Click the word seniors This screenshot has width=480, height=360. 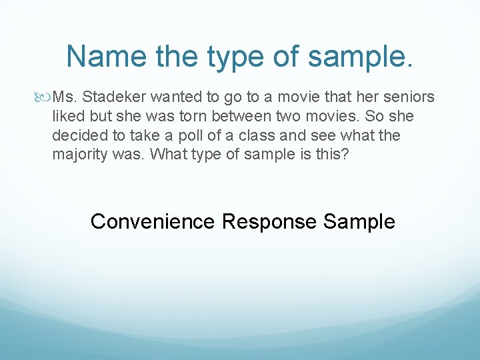pos(409,98)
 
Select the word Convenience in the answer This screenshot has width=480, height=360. pos(153,221)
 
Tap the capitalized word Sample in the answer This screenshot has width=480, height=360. pos(359,221)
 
